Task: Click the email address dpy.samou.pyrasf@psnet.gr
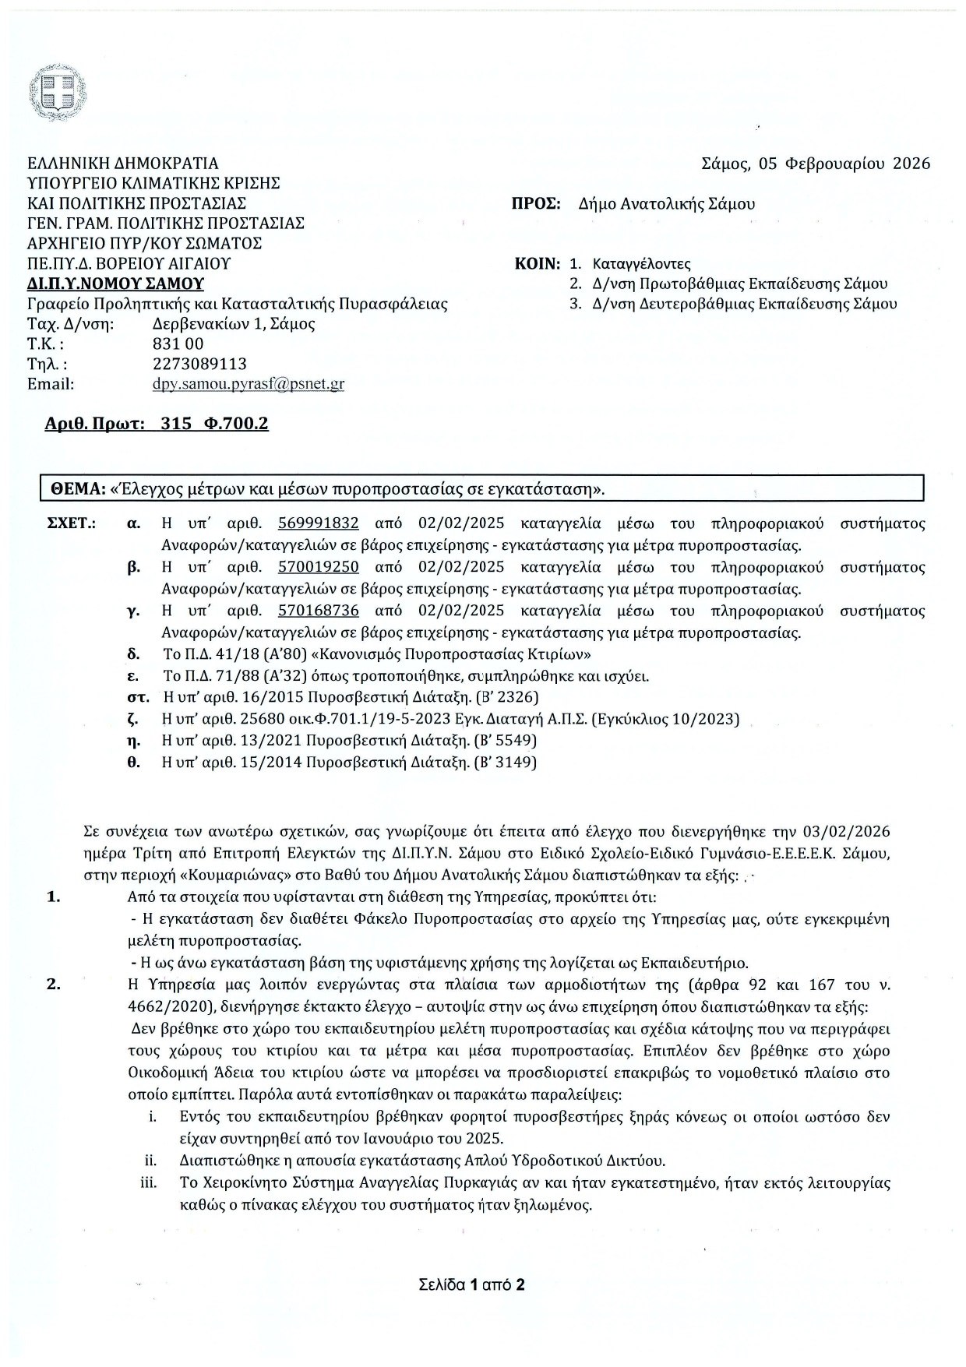tap(249, 384)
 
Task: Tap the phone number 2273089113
tap(200, 364)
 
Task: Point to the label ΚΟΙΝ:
tap(538, 263)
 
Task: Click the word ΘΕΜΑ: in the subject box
tap(78, 489)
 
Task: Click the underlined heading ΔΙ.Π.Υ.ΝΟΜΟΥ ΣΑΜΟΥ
tap(115, 284)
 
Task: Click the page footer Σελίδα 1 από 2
tap(471, 1285)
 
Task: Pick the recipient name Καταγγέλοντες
tap(641, 263)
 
